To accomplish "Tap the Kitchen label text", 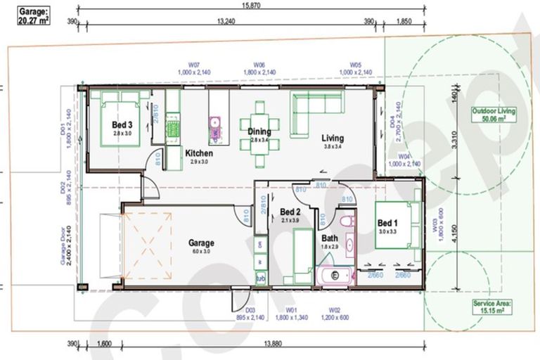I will coord(198,153).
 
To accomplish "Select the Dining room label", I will coord(259,131).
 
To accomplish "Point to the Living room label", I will coord(333,138).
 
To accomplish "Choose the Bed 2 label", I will coord(290,212).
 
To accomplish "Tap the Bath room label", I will coord(329,238).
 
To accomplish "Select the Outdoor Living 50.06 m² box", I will coord(494,115).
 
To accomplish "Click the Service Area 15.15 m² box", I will coord(492,307).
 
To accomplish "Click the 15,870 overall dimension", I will coord(251,5).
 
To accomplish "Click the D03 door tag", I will coord(250,312).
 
